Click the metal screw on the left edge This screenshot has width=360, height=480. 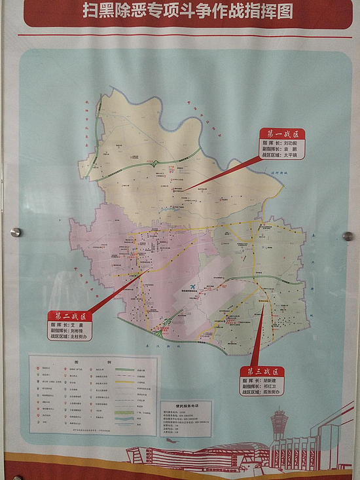coord(16,232)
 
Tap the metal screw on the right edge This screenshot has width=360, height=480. coord(348,236)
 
